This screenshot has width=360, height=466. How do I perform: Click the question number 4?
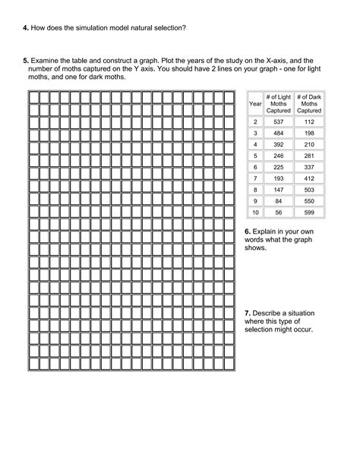[25, 28]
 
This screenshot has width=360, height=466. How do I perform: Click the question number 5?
[25, 59]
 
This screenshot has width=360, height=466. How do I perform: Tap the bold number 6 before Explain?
[248, 230]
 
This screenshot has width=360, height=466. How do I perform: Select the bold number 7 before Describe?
[248, 313]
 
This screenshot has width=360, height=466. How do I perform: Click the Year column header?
[255, 103]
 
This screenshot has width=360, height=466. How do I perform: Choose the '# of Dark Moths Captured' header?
[309, 103]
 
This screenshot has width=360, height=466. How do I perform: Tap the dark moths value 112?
[309, 122]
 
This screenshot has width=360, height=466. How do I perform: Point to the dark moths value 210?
[309, 144]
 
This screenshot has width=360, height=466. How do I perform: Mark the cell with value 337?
[309, 166]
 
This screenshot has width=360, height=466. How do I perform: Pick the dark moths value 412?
[309, 177]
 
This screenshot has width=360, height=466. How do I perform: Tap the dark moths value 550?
[309, 200]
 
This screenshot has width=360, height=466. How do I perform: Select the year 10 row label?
[255, 211]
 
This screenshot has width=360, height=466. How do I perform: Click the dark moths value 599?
[309, 211]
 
